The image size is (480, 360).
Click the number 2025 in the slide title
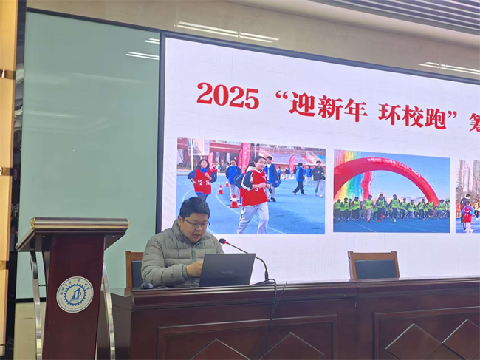[227, 95]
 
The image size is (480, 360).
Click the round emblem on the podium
[75, 294]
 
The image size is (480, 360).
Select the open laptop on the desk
[227, 270]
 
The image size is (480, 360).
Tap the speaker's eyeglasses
[196, 223]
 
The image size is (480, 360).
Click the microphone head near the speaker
[223, 241]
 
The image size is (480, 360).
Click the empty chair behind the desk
[374, 265]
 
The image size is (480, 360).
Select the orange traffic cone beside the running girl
[234, 200]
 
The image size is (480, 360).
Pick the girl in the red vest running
[255, 194]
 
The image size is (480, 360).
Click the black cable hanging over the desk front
[271, 318]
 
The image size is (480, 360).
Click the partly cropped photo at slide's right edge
[467, 195]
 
